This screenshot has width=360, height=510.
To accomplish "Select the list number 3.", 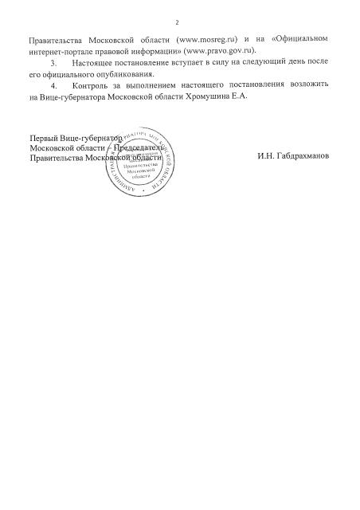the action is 53,61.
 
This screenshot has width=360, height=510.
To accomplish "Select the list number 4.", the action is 53,84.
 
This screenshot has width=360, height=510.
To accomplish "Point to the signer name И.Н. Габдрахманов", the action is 292,155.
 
